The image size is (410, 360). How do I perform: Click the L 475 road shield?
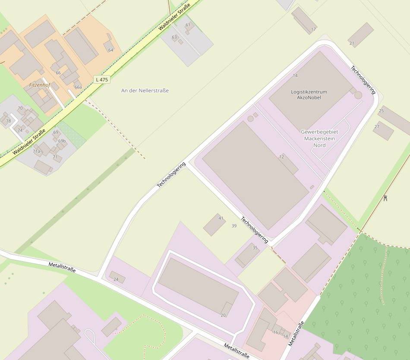[x=102, y=79]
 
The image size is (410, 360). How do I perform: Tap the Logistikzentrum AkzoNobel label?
[x=309, y=95]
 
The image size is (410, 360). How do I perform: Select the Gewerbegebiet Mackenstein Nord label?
[x=320, y=139]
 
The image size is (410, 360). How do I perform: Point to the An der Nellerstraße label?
[x=145, y=91]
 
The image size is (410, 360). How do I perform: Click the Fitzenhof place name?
[x=39, y=85]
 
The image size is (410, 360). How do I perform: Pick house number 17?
[x=313, y=29]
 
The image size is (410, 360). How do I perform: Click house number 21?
[x=351, y=43]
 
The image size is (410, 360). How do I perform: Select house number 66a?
[x=78, y=87]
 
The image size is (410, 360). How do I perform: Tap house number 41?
[x=221, y=218]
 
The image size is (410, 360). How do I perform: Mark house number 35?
[x=255, y=248]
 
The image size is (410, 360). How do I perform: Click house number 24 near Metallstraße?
[x=116, y=279]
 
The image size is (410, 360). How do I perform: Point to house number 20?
[x=223, y=315]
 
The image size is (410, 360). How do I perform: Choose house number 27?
[x=377, y=126]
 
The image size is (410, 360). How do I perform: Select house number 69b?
[x=62, y=141]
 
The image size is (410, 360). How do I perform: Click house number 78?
[x=8, y=121]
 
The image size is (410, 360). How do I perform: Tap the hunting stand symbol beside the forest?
[x=385, y=198]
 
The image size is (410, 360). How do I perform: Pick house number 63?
[x=174, y=37]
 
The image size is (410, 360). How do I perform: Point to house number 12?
[x=281, y=157]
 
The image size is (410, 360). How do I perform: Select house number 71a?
[x=37, y=151]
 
